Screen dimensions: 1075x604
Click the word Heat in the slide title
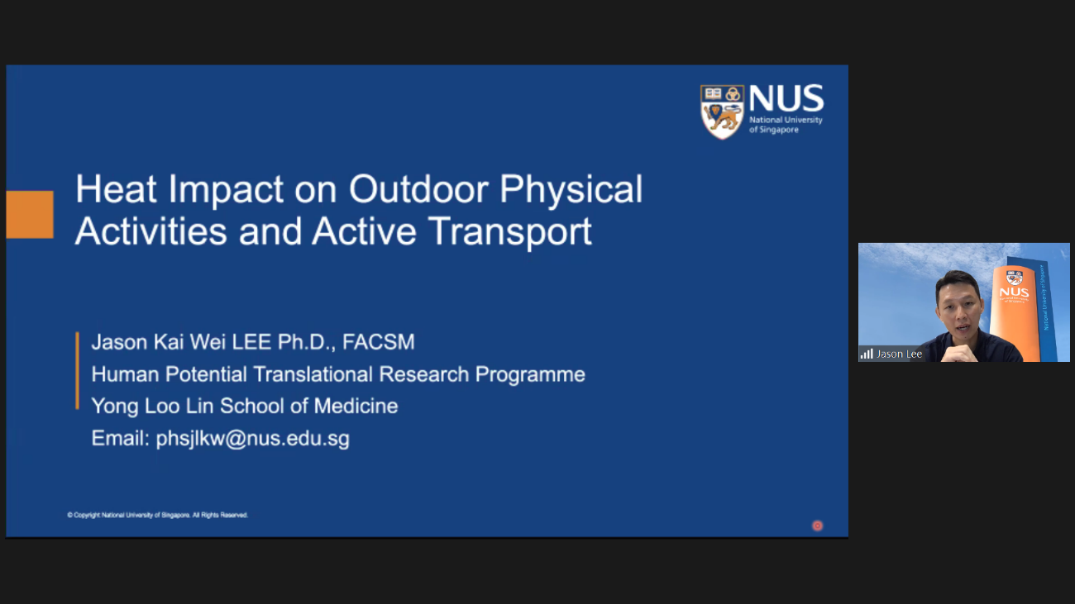pos(116,189)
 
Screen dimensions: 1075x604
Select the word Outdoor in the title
pos(418,189)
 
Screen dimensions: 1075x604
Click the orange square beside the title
pos(30,214)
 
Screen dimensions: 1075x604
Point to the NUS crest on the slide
pos(722,112)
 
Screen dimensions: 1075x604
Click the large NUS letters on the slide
pos(786,98)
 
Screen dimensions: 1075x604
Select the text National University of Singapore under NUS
pos(786,125)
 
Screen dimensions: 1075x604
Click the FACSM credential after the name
pos(378,342)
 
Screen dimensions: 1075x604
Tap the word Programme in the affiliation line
pos(530,374)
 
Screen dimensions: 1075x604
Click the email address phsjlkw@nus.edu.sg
pos(253,439)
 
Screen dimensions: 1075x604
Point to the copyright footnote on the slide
pos(157,515)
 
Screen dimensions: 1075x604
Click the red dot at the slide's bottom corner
pos(817,526)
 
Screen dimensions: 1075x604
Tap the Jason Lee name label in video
pos(899,354)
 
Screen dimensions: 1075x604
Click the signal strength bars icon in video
pos(867,354)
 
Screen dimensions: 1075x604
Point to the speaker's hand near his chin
pos(960,353)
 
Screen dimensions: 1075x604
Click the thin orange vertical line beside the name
pos(77,370)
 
